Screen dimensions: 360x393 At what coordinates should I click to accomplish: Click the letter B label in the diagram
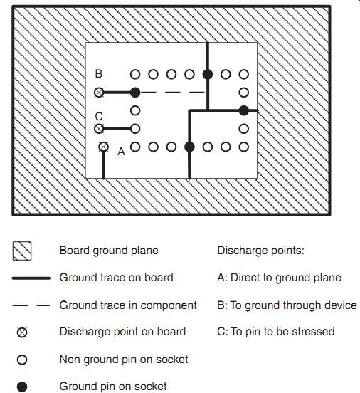(x=99, y=74)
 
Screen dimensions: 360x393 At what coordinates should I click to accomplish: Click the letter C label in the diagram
(x=99, y=117)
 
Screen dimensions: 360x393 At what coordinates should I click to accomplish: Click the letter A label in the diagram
(x=121, y=152)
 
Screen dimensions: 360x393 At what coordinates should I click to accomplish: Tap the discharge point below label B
(x=99, y=93)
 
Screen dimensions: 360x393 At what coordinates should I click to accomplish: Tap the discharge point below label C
(x=99, y=129)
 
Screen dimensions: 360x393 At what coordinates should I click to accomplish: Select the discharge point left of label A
(x=103, y=147)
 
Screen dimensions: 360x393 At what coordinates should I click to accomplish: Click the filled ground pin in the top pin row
(x=208, y=75)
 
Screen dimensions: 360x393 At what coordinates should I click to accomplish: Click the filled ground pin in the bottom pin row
(x=189, y=147)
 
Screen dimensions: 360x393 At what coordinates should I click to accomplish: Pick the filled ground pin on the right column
(x=244, y=110)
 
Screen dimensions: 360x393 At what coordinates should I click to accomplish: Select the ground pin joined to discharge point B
(x=135, y=93)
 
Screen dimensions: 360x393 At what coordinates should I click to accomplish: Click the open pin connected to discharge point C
(x=135, y=129)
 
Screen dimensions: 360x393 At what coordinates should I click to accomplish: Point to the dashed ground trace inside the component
(x=173, y=93)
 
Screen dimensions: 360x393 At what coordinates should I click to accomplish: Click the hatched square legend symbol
(x=22, y=251)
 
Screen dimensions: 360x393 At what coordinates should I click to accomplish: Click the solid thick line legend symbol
(x=31, y=278)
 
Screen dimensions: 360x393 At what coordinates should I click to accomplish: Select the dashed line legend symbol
(x=31, y=305)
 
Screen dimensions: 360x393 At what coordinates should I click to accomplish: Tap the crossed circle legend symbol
(x=22, y=332)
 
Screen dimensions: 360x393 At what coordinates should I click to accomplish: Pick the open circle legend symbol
(x=22, y=360)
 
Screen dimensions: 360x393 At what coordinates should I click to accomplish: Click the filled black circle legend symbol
(x=22, y=387)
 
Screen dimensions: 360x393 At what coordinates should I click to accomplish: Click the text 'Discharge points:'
(x=260, y=251)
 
